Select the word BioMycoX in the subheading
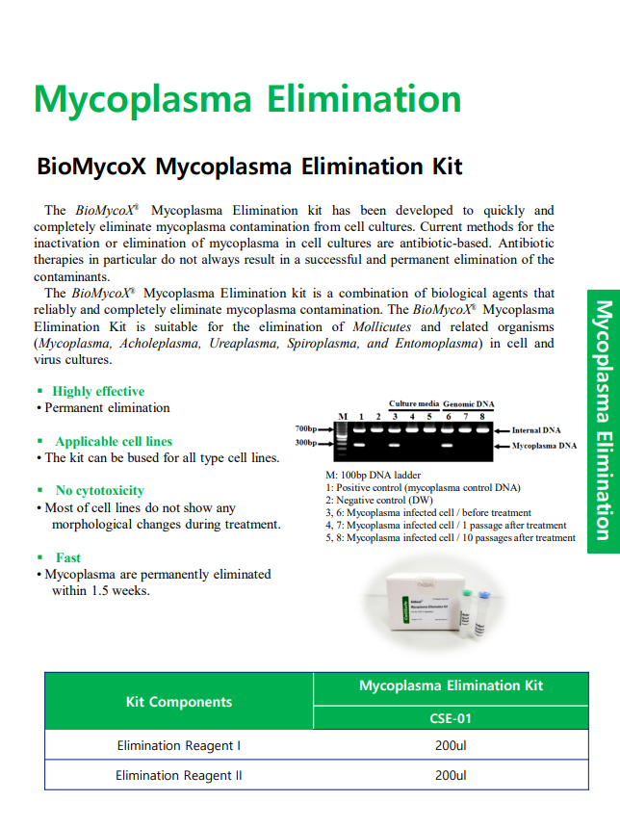click(91, 167)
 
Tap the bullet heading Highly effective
click(98, 391)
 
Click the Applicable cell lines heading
click(114, 441)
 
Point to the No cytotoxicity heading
click(100, 490)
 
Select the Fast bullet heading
click(68, 557)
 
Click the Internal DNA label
click(538, 430)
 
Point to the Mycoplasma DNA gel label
click(544, 446)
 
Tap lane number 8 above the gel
click(481, 416)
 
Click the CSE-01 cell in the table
click(450, 718)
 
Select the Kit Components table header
click(179, 702)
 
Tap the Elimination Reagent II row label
click(179, 775)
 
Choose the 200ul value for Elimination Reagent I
click(450, 745)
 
